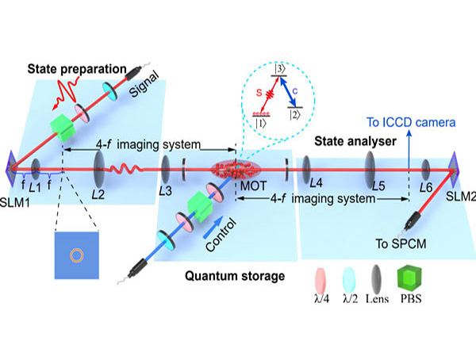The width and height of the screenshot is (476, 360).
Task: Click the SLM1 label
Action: tap(14, 202)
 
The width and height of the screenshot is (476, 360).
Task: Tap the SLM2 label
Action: tap(461, 197)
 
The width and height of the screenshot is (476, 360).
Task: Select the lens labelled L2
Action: tap(99, 170)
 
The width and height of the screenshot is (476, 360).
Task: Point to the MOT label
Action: tap(254, 186)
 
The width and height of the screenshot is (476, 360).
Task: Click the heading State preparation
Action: tap(77, 69)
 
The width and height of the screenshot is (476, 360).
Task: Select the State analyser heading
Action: tap(355, 141)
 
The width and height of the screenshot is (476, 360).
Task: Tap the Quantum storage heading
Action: tap(235, 276)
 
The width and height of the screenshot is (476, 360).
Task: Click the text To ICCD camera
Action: tap(411, 122)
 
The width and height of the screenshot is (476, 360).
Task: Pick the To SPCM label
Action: tap(401, 243)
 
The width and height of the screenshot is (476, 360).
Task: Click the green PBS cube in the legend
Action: tap(409, 278)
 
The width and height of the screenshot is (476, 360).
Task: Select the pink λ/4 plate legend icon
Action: tap(321, 280)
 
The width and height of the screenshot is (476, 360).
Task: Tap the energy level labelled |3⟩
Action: tap(279, 76)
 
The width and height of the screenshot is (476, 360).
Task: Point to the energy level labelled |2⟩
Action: tap(295, 108)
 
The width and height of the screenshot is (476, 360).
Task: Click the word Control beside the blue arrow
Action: tap(221, 236)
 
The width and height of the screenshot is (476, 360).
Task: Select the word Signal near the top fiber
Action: tap(144, 84)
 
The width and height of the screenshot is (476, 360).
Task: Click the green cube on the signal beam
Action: tap(63, 128)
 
